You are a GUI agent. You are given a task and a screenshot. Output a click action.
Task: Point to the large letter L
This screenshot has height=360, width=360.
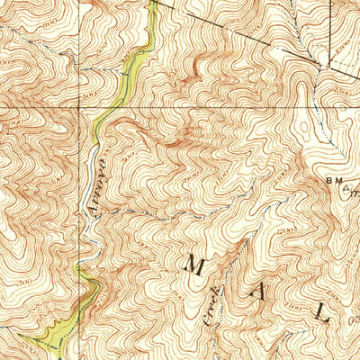(322, 311)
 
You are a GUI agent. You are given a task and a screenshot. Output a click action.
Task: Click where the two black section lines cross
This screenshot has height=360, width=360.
(88, 106)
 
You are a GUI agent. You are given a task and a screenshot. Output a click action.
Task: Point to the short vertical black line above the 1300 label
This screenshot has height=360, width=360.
(328, 18)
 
